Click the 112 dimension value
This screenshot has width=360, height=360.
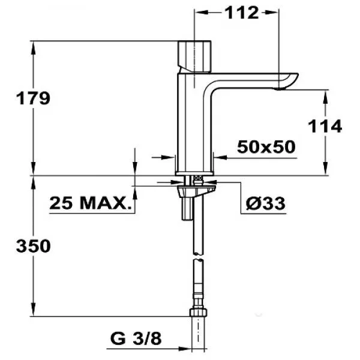[242, 13]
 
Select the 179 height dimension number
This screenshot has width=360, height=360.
[33, 98]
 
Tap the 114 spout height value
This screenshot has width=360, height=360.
[325, 126]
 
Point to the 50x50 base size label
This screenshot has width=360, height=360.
[266, 147]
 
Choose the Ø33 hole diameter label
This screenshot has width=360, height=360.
[265, 203]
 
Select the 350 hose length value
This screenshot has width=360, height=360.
[33, 246]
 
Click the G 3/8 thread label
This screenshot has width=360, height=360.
[136, 338]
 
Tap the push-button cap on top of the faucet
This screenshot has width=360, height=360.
[194, 56]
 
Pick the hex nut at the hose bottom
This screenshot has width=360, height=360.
[199, 313]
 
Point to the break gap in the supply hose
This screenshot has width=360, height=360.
[199, 257]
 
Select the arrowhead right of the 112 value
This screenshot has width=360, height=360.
[272, 13]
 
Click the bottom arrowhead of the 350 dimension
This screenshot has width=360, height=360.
[33, 310]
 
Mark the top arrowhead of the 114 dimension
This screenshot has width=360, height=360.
[325, 97]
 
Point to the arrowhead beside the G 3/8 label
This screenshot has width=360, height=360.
[185, 349]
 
